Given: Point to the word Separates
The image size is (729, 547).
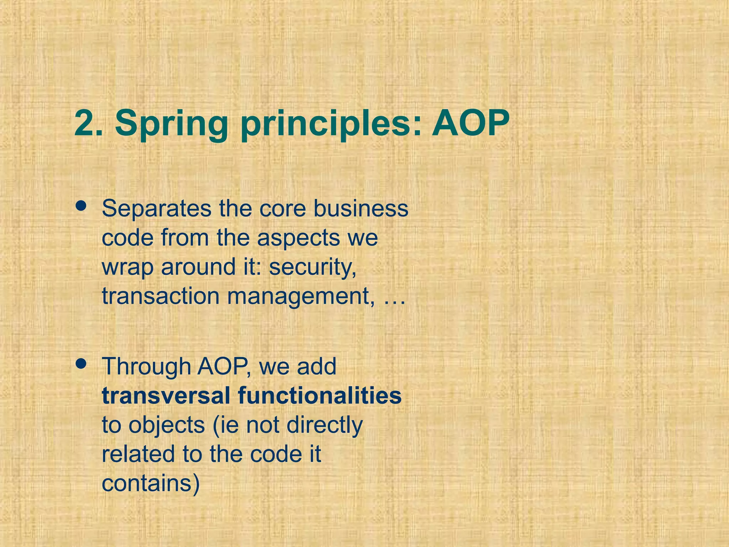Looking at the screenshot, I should (x=156, y=209).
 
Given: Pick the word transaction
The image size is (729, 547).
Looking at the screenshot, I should (x=161, y=296).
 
